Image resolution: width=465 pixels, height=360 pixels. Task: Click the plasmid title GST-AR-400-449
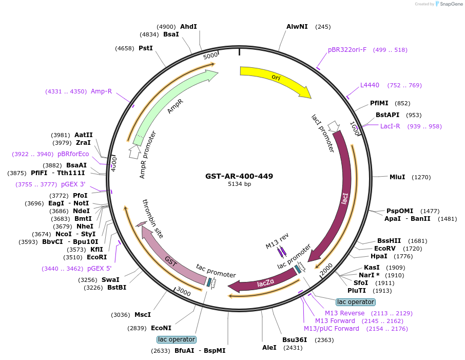pyautogui.click(x=239, y=176)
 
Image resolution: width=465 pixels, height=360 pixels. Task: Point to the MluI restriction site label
pyautogui.click(x=397, y=177)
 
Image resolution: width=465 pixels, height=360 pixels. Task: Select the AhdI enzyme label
pyautogui.click(x=188, y=27)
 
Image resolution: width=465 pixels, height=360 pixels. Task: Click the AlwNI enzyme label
pyautogui.click(x=297, y=27)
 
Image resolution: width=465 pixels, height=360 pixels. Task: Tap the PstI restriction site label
pyautogui.click(x=146, y=48)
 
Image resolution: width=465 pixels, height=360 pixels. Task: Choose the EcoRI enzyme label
pyautogui.click(x=96, y=257)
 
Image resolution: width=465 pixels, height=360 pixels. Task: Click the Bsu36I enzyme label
pyautogui.click(x=295, y=339)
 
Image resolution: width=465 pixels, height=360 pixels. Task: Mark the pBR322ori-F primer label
pyautogui.click(x=347, y=50)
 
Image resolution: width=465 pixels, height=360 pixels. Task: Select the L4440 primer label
pyautogui.click(x=370, y=85)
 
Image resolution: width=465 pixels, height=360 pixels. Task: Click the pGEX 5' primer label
pyautogui.click(x=99, y=268)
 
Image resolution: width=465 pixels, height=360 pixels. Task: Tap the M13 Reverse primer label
pyautogui.click(x=344, y=313)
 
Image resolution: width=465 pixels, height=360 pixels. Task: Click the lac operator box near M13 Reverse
pyautogui.click(x=355, y=302)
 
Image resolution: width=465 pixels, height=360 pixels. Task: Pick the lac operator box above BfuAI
pyautogui.click(x=176, y=339)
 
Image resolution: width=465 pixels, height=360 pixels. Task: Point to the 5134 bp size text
pyautogui.click(x=239, y=184)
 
